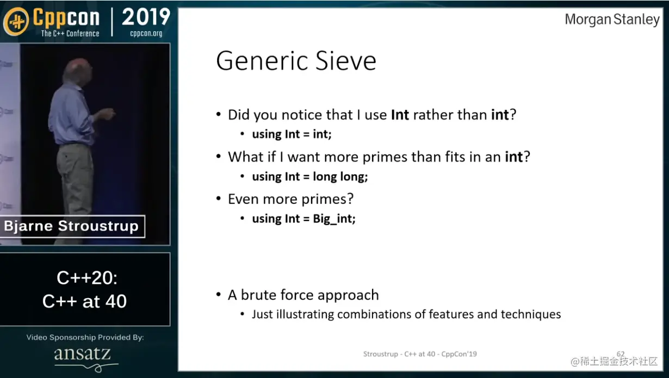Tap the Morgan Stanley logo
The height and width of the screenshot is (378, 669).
612,20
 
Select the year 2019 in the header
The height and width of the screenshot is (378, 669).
146,17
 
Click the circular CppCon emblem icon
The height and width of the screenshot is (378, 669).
16,21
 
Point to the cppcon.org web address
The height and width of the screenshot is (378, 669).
146,33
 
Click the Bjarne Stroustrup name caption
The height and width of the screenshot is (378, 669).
71,226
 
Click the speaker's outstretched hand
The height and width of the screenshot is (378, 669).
107,114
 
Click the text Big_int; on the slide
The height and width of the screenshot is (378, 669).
334,219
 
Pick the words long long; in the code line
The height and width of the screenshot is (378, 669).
340,177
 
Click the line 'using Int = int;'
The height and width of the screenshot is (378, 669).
292,134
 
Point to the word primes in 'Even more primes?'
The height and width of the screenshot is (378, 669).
327,200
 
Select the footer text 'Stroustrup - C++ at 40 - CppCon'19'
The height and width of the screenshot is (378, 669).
420,354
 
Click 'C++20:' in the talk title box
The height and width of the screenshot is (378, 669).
87,278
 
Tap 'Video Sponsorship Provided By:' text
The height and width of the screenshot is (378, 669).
85,337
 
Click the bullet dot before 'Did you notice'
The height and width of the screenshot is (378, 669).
219,114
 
